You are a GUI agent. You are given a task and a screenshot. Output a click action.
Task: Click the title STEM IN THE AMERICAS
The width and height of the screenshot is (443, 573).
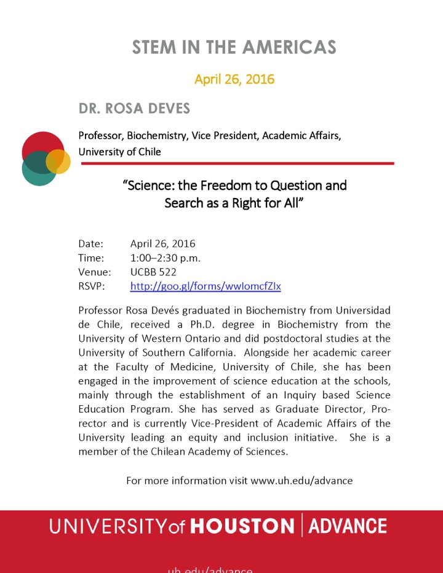[x=234, y=47]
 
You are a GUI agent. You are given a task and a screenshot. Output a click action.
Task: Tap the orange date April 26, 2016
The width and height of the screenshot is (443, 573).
[x=234, y=79]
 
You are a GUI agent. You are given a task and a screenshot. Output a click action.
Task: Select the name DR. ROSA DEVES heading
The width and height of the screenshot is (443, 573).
[x=134, y=109]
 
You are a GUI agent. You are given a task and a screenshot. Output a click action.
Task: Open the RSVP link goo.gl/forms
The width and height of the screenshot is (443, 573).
[x=206, y=286]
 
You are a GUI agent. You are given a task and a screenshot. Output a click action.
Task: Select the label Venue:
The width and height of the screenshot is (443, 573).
[x=94, y=272]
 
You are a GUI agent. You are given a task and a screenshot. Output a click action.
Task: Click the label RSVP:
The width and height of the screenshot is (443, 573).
[x=92, y=286]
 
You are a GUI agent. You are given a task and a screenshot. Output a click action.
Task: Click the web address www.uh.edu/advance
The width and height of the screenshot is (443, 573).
[x=301, y=480]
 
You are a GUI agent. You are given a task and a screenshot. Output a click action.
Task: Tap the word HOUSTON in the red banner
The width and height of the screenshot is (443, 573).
[x=242, y=527]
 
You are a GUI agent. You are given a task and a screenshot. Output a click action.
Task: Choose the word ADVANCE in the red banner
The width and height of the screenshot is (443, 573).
[x=348, y=527]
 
